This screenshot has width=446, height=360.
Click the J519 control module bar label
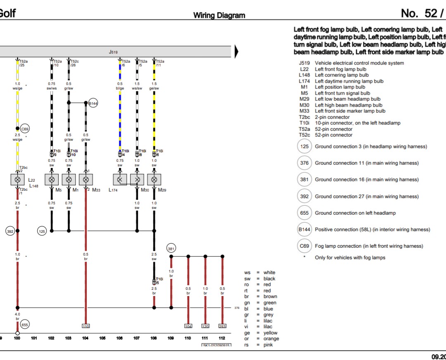coord(113,52)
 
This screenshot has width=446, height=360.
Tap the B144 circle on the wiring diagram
coord(93,104)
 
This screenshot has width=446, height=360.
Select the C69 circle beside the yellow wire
coord(25,129)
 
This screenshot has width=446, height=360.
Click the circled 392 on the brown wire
coord(10,231)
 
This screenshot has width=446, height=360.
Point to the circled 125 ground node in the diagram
coord(42,231)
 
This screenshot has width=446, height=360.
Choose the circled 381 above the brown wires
coord(171,249)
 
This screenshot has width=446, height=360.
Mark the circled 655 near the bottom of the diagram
coord(26,325)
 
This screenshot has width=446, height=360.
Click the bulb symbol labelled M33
coord(86,180)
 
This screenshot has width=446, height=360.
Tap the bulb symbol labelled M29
coord(154,180)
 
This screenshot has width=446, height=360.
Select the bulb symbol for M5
coord(52,180)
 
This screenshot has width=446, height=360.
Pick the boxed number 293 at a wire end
coord(222,326)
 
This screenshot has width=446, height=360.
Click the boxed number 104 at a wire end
coord(188,326)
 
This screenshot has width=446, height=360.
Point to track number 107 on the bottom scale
coord(137,339)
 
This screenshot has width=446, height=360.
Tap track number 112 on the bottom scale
coord(222,339)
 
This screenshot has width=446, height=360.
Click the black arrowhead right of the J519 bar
coord(237,52)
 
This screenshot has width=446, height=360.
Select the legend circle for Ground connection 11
coord(304,163)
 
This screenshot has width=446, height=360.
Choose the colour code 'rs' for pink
coord(247,345)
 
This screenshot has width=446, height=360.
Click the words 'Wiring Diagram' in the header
coord(219,16)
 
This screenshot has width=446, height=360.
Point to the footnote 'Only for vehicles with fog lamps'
coord(350,258)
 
